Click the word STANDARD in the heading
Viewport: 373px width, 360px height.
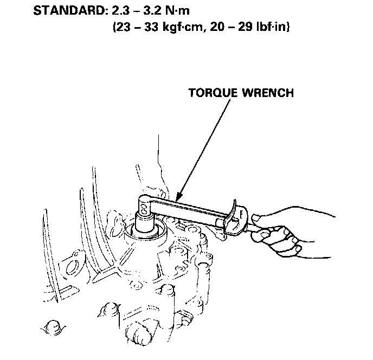64,11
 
